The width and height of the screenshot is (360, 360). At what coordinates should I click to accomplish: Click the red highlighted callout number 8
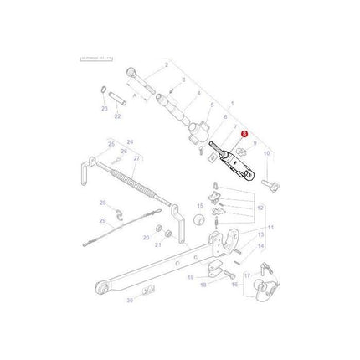click(244, 131)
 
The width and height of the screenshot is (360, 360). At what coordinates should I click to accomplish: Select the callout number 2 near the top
click(167, 65)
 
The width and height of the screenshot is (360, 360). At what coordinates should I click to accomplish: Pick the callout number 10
click(266, 154)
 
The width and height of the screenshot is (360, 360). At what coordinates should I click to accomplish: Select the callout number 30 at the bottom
click(129, 299)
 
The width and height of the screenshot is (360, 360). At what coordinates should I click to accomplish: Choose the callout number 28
click(103, 203)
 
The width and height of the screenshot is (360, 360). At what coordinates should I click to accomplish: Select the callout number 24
click(130, 141)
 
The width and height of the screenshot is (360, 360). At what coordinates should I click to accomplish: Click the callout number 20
click(146, 237)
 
